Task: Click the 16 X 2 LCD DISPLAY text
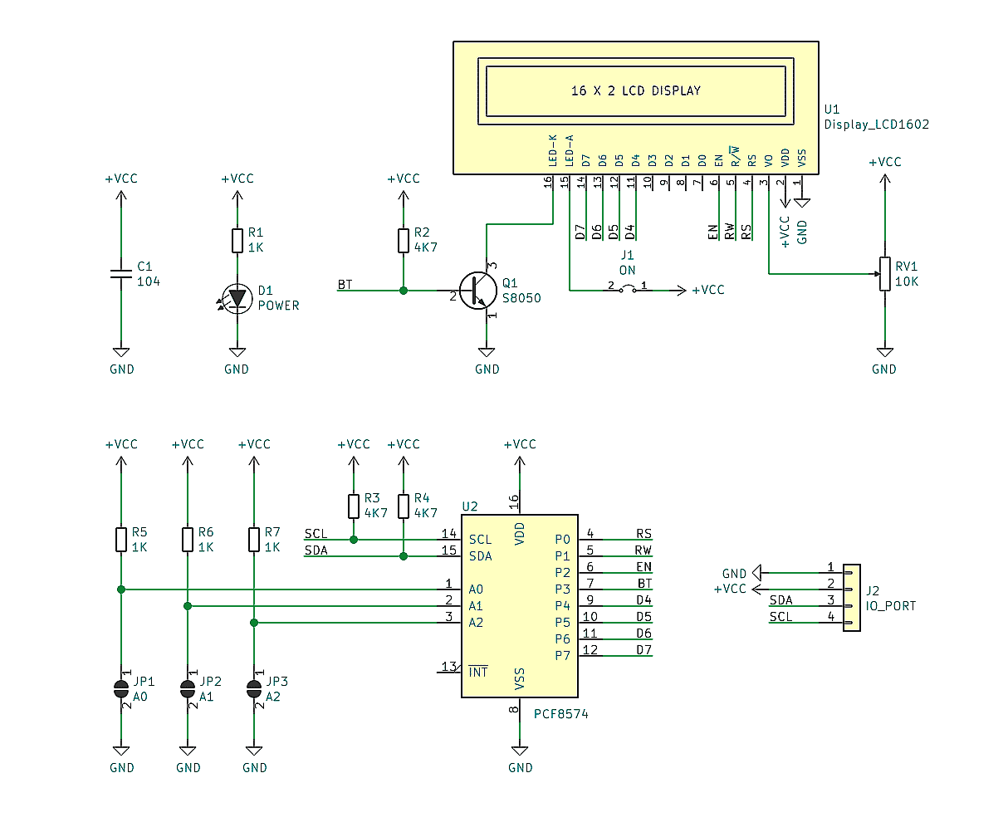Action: click(635, 91)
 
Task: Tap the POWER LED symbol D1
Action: click(238, 297)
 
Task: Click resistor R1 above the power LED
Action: click(237, 241)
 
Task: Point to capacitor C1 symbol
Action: click(121, 274)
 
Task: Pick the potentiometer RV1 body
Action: click(885, 274)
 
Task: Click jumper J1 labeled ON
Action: click(628, 289)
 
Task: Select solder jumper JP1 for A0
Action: click(121, 688)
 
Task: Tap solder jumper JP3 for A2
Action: click(254, 688)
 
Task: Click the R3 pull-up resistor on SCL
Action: click(354, 506)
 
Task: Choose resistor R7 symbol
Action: click(254, 540)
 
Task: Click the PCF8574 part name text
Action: click(560, 713)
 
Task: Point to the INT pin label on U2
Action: click(478, 672)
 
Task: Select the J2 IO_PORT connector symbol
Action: click(852, 598)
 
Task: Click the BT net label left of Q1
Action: click(345, 285)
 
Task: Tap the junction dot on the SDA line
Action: click(404, 556)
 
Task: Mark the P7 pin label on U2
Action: click(562, 655)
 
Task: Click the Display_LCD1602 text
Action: click(876, 125)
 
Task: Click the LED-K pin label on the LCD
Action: click(552, 149)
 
